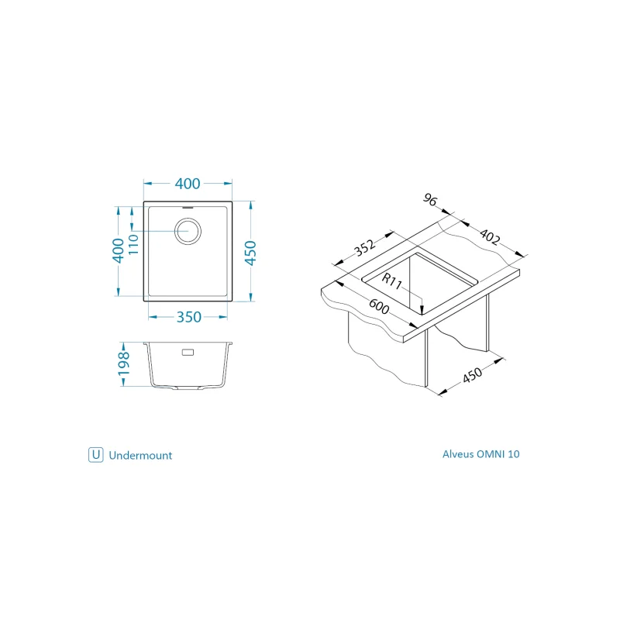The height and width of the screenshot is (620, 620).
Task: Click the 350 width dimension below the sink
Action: (188, 317)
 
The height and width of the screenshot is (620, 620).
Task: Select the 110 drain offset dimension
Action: (133, 244)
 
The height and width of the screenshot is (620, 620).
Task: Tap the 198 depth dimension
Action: (124, 363)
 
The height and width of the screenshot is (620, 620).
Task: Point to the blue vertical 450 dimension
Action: (250, 253)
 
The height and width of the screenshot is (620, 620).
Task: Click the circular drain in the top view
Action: (188, 231)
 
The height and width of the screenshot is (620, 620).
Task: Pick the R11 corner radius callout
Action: (392, 281)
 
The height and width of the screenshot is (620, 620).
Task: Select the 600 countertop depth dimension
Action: (379, 306)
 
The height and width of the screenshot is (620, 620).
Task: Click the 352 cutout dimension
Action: (364, 247)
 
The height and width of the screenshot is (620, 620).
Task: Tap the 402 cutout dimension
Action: (490, 236)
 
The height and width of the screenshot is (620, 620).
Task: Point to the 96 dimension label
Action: (430, 199)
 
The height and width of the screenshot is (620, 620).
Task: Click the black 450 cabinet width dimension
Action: (472, 375)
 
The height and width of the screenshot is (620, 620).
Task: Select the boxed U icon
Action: (95, 455)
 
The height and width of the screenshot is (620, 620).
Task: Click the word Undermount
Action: (140, 456)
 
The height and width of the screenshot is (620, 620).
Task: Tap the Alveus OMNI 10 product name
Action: (480, 454)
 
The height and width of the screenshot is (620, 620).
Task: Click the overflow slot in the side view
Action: (188, 352)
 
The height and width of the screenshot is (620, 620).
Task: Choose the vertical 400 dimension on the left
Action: (118, 250)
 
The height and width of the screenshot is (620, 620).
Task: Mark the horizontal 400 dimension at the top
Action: (188, 184)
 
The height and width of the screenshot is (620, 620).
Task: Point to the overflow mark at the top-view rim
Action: (188, 207)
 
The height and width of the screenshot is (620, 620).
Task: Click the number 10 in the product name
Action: (513, 454)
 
